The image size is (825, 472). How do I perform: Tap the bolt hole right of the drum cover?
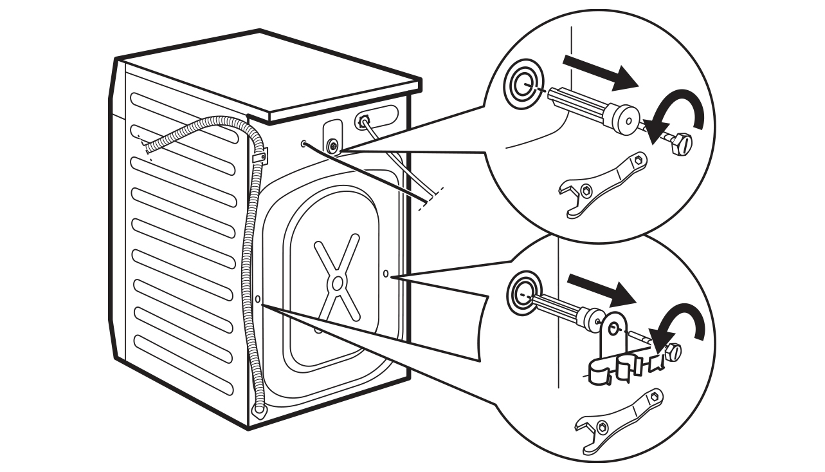click(x=385, y=274)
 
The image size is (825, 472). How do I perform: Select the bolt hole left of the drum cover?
click(x=258, y=299)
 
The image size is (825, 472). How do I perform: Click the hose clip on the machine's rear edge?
click(x=261, y=155)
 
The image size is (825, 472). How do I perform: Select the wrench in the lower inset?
click(x=617, y=418)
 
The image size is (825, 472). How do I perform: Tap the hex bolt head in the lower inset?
click(x=673, y=351)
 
